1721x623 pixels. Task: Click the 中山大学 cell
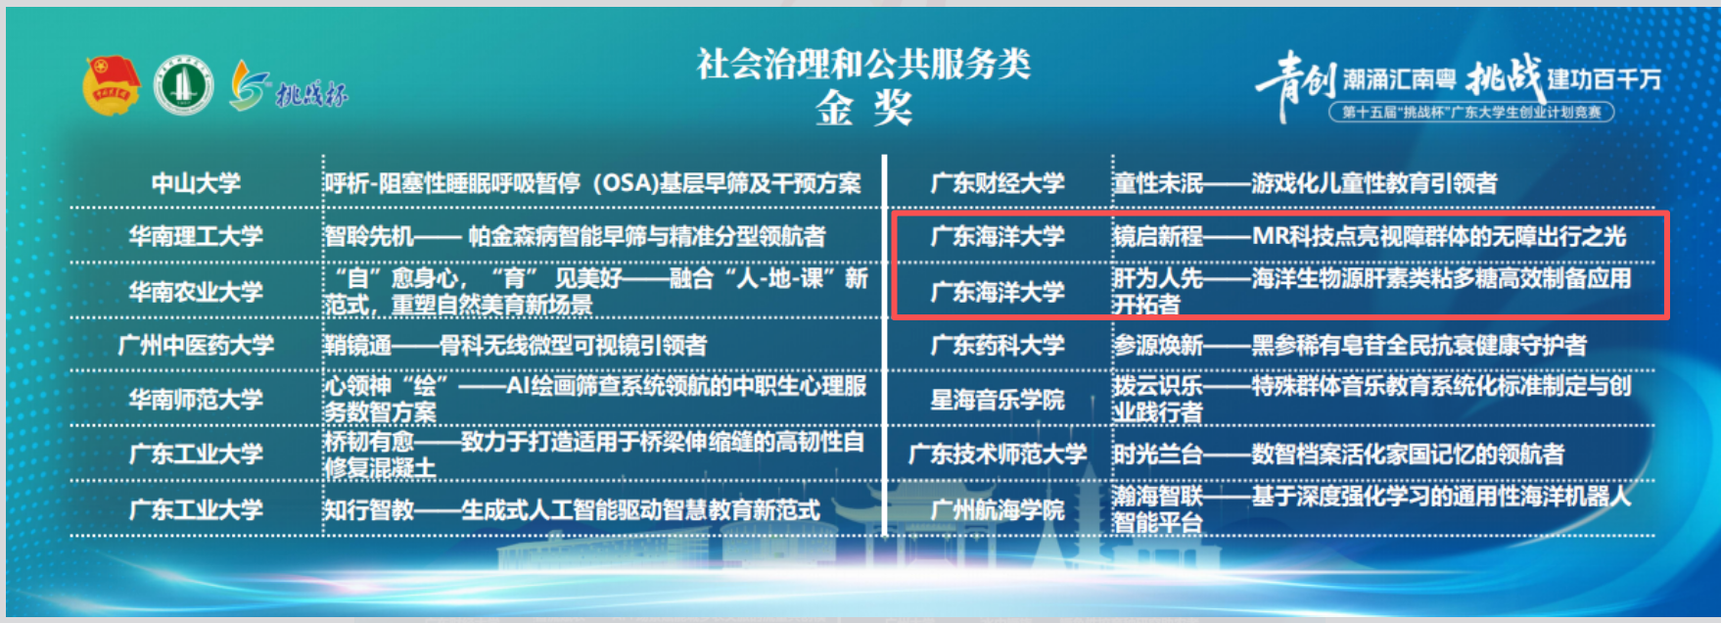[196, 183]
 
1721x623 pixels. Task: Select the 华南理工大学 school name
[196, 236]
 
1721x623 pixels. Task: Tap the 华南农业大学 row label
[196, 291]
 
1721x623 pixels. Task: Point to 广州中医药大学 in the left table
[196, 345]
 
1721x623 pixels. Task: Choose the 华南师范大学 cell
[196, 400]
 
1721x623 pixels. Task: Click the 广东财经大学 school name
[998, 183]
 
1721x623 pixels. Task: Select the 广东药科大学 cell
[998, 345]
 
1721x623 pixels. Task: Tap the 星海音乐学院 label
[998, 400]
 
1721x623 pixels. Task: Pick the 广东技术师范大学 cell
[998, 454]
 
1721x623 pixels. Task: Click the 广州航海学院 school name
[998, 509]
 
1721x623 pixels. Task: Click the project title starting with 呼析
[593, 183]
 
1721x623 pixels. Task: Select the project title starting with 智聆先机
[575, 236]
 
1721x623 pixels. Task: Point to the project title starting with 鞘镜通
[516, 345]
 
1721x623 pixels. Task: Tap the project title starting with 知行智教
[572, 509]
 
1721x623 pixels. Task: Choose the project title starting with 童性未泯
[1305, 183]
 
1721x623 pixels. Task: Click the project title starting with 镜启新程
[1370, 236]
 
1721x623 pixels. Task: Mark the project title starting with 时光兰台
[1338, 454]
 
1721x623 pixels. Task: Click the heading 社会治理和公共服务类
[863, 65]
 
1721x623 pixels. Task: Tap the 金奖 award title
[863, 108]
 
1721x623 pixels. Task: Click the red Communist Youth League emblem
[111, 85]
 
